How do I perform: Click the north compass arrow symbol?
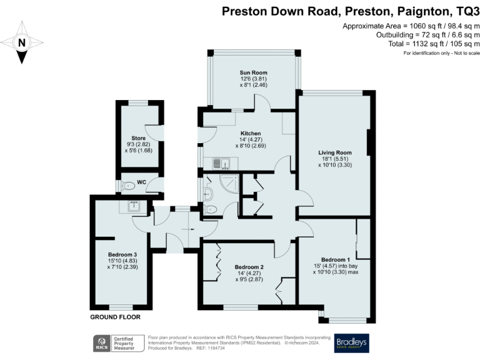click(x=22, y=42)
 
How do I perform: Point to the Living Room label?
click(x=335, y=152)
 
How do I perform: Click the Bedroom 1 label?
click(x=335, y=259)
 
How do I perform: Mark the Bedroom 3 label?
click(x=122, y=254)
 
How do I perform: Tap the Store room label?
click(x=138, y=138)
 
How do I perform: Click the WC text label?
click(x=141, y=182)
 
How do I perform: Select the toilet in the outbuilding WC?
click(x=127, y=185)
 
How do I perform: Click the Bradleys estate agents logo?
click(x=352, y=343)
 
